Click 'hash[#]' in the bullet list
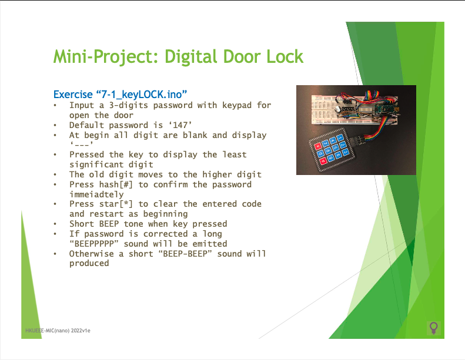point(117,184)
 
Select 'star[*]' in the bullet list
point(117,204)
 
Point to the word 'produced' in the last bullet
point(89,263)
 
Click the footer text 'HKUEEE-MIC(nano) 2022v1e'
point(58,331)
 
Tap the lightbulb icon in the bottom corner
point(434,328)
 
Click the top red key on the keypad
point(318,146)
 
